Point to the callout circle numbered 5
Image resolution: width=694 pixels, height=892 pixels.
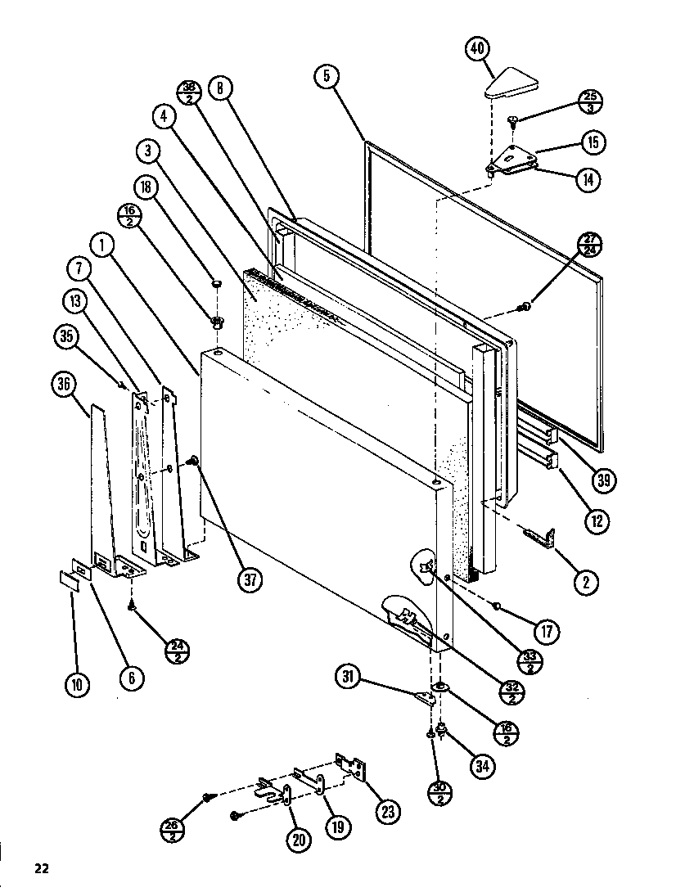click(x=326, y=76)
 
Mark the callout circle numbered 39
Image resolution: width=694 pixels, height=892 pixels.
click(x=603, y=480)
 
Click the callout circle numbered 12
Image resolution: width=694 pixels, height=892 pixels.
click(x=597, y=520)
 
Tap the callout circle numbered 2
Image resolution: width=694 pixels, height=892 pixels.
click(x=585, y=582)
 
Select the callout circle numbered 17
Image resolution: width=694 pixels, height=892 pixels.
click(x=547, y=631)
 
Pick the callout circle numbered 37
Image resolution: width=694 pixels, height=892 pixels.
click(x=250, y=579)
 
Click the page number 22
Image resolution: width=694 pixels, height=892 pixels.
click(x=42, y=868)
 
